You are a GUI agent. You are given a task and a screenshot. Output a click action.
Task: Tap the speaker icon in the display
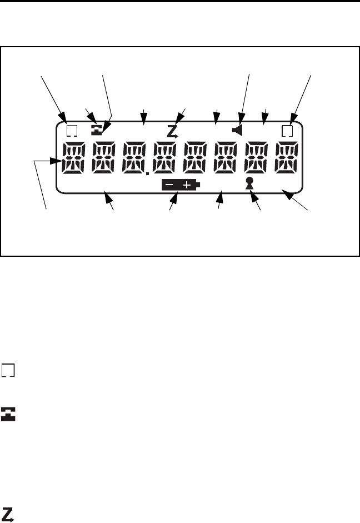click(x=239, y=132)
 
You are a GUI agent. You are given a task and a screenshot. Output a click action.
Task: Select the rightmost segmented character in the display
click(x=288, y=158)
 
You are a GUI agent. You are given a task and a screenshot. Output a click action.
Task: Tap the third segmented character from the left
click(x=134, y=158)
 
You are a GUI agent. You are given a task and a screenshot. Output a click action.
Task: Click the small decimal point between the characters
click(x=148, y=174)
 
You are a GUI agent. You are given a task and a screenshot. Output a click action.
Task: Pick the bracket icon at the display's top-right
click(x=287, y=132)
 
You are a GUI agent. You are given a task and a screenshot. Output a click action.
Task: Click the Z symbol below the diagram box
click(x=8, y=514)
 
